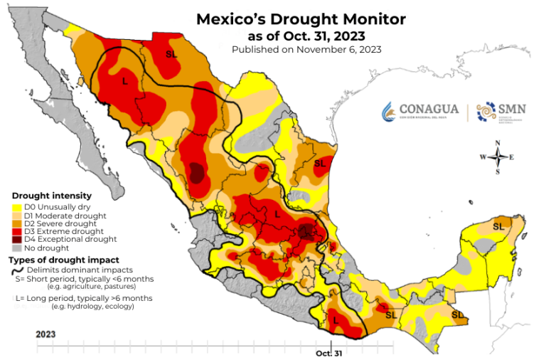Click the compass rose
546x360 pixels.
pyautogui.click(x=497, y=157)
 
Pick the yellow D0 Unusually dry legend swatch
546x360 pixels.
pyautogui.click(x=16, y=207)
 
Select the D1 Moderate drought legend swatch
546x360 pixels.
pyautogui.click(x=16, y=216)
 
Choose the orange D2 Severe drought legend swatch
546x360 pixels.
pyautogui.click(x=16, y=223)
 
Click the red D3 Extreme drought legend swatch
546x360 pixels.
pyautogui.click(x=16, y=231)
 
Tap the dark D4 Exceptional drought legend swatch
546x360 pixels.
pyautogui.click(x=16, y=240)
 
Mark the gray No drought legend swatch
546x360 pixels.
pyautogui.click(x=16, y=248)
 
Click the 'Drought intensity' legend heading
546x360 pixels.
pyautogui.click(x=51, y=196)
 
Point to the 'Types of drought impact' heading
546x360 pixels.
pyautogui.click(x=63, y=260)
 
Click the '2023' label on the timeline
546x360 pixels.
pyautogui.click(x=45, y=333)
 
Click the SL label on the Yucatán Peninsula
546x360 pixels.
pyautogui.click(x=497, y=226)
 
